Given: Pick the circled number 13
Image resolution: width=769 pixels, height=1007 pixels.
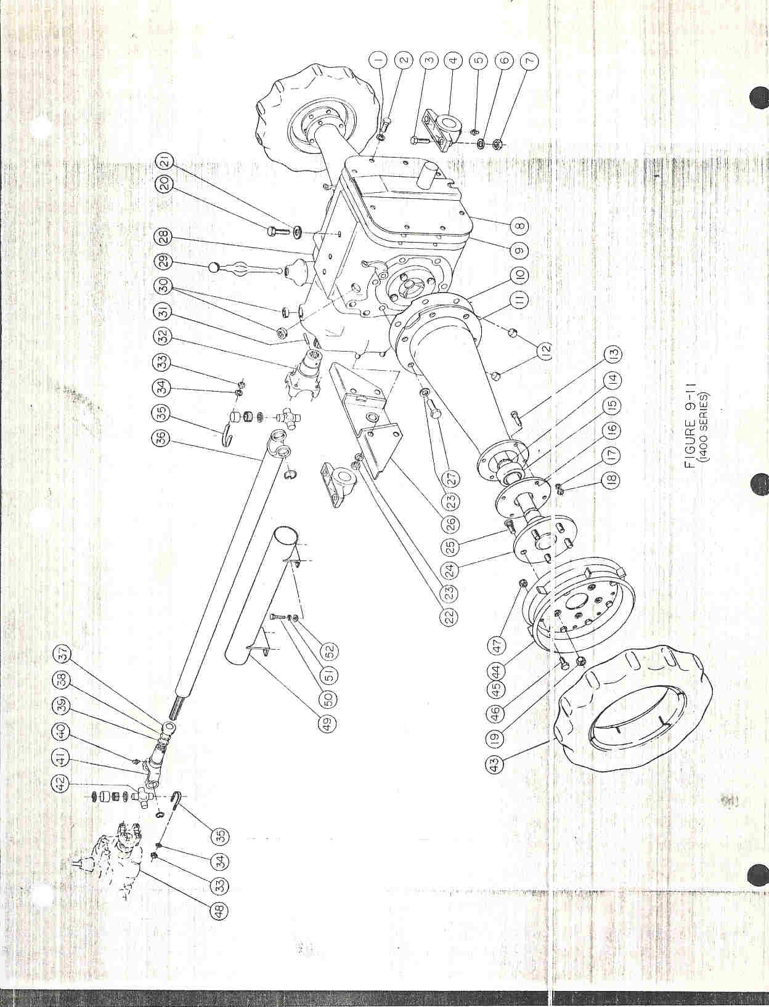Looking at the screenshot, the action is [x=614, y=354].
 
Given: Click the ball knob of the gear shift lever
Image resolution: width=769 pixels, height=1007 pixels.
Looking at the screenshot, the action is [x=214, y=267].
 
